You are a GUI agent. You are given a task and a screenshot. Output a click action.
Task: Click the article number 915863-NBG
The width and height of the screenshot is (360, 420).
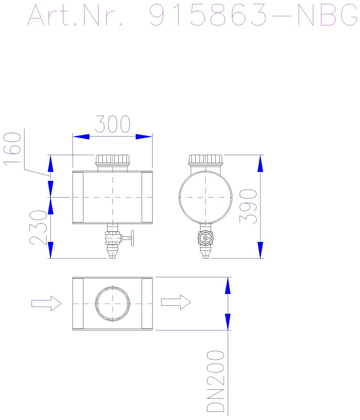253,15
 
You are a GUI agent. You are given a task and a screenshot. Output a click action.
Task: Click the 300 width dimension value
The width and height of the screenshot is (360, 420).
113,124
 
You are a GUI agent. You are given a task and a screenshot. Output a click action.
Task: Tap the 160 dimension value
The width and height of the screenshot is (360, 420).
12,149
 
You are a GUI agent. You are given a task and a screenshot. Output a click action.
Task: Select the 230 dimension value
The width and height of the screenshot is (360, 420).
38,227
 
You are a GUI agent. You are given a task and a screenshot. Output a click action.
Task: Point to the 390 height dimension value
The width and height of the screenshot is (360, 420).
248,206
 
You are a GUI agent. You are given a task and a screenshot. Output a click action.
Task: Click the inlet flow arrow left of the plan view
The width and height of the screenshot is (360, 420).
46,303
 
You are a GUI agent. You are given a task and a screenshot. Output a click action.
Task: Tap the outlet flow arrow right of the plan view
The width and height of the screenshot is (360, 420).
176,302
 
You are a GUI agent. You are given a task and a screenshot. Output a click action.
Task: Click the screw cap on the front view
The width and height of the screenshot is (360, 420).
112,159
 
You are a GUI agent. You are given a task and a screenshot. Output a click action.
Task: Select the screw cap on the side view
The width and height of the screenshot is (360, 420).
205,159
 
